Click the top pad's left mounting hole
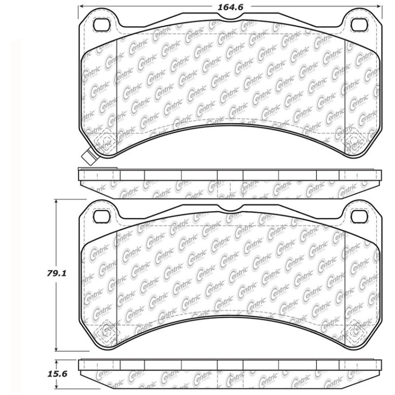coord(101,25)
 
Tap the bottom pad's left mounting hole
coord(101,216)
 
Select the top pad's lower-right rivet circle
coord(355,143)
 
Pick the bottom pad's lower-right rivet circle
coord(355,333)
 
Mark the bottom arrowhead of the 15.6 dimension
coord(58,389)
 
